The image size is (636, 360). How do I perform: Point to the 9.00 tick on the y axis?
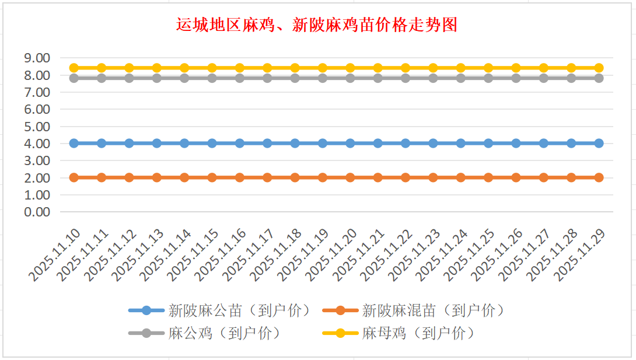[37, 58]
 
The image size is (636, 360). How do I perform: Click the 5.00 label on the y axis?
[37, 126]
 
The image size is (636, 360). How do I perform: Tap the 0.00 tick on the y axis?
[37, 212]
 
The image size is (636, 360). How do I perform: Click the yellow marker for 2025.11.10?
[74, 68]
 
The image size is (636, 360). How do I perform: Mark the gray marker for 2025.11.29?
[599, 78]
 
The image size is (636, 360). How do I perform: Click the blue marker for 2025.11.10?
[74, 143]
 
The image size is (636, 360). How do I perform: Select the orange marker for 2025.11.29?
[599, 177]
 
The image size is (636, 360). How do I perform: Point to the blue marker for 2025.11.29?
[599, 143]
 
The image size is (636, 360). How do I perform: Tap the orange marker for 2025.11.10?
[74, 177]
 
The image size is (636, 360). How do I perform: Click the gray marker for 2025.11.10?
[74, 78]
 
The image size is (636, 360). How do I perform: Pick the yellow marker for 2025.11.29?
[599, 68]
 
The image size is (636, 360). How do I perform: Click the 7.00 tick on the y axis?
[37, 92]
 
